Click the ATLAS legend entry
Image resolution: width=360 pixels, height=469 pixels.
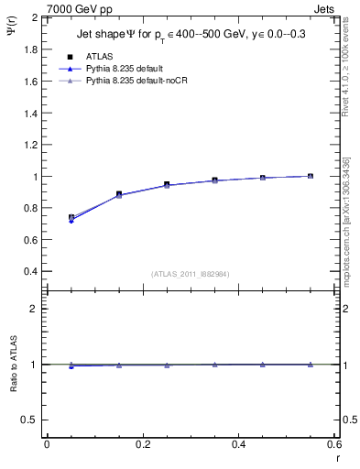100,56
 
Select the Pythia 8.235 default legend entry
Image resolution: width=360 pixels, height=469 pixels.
128,69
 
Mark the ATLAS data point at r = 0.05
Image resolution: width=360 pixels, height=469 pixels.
71,218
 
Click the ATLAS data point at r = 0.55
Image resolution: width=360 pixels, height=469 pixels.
311,176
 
